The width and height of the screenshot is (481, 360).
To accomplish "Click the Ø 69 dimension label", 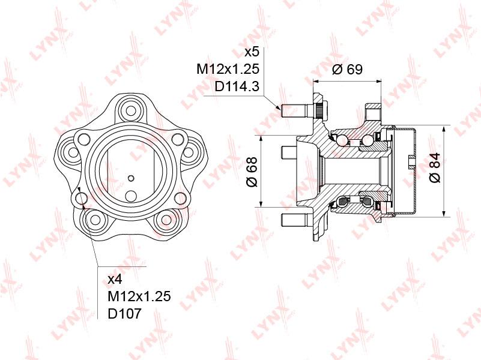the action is coord(347,69).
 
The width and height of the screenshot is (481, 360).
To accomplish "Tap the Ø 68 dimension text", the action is coord(252,172).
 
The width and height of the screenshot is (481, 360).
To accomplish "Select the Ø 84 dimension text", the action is coord(435,167).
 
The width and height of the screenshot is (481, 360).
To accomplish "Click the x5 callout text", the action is coord(252,52).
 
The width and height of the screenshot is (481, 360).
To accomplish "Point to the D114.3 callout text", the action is coord(237,87).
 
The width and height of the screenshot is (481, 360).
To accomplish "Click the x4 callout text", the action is coord(115,279).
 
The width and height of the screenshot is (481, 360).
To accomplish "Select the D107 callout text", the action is coord(124,313).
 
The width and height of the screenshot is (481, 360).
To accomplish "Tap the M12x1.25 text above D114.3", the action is coord(228,69).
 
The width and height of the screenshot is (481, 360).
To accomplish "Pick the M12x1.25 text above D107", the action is coord(139,296).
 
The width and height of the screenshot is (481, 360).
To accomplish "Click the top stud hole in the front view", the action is coord(131,110).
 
